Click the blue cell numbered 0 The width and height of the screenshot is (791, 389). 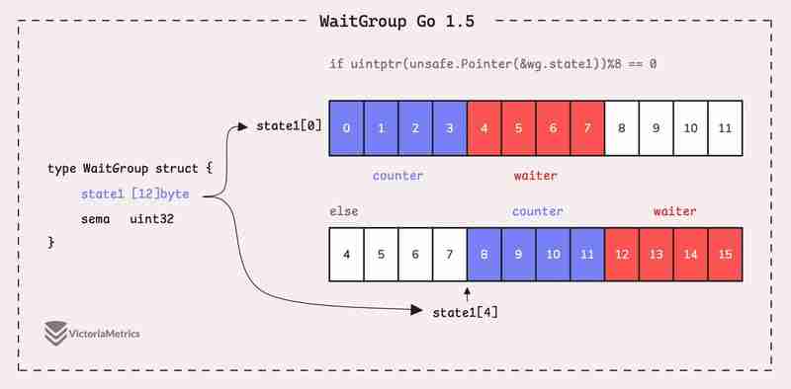click(x=345, y=127)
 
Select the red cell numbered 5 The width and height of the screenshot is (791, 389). click(x=518, y=127)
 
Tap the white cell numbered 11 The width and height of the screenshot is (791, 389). click(x=725, y=127)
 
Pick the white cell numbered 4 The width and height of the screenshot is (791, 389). click(x=345, y=255)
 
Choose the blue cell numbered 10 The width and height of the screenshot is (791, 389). click(x=553, y=255)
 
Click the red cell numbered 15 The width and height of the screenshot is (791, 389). click(x=725, y=255)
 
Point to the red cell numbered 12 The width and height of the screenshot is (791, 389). click(x=622, y=255)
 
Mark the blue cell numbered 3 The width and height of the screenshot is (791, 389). click(x=449, y=127)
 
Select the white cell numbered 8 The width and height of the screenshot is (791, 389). click(x=622, y=127)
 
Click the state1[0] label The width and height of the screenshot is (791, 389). click(x=289, y=127)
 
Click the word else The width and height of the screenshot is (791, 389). click(x=343, y=211)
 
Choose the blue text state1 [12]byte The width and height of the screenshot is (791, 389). click(x=134, y=194)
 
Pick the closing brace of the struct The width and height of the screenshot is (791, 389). click(x=51, y=242)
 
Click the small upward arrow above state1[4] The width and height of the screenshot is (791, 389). click(x=467, y=292)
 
